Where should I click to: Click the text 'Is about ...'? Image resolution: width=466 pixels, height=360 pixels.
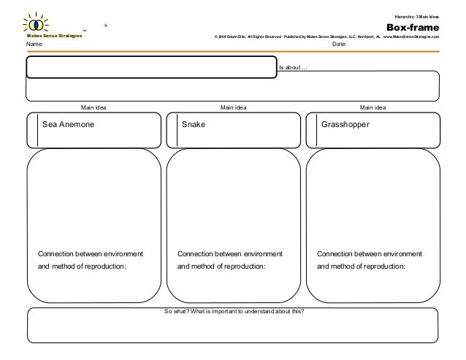point(294,68)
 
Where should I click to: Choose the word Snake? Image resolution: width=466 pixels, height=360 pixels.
point(194,125)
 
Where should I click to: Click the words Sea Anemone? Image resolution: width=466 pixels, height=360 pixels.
point(69,125)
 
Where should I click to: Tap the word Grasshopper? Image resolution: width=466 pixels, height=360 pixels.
point(345,125)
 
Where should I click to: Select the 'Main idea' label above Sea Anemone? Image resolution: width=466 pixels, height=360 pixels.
point(93,107)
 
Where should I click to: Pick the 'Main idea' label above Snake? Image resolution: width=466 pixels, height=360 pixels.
point(233,107)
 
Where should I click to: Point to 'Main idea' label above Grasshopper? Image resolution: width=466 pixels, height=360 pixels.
point(373,107)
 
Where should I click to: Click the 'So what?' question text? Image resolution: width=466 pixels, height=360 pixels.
point(235,311)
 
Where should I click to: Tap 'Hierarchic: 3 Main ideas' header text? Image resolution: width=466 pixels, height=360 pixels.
point(417,15)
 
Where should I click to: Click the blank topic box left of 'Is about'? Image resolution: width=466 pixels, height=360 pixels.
point(152,66)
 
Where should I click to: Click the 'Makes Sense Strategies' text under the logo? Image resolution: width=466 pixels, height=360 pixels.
point(55,35)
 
